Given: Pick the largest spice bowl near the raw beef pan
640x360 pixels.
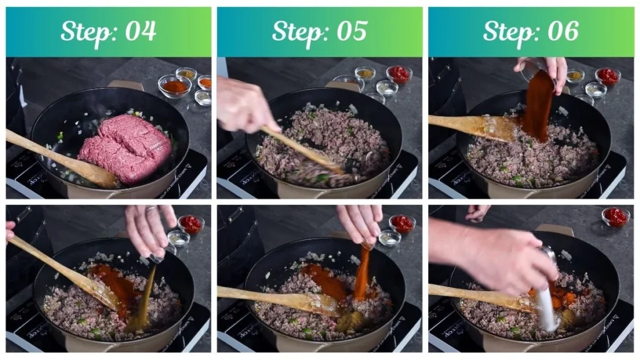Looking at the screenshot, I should click(174, 86).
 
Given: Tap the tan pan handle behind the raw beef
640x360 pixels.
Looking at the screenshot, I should click(125, 85).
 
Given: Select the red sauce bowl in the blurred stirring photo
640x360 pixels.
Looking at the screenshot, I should click(399, 74).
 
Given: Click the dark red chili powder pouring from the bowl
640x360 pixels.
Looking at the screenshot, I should click(537, 106).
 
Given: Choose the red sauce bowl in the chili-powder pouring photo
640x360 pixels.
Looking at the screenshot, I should click(607, 76).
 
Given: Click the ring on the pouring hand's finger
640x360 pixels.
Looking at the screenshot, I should click(151, 211).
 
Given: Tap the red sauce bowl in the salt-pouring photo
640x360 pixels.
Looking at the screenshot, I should click(616, 217).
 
